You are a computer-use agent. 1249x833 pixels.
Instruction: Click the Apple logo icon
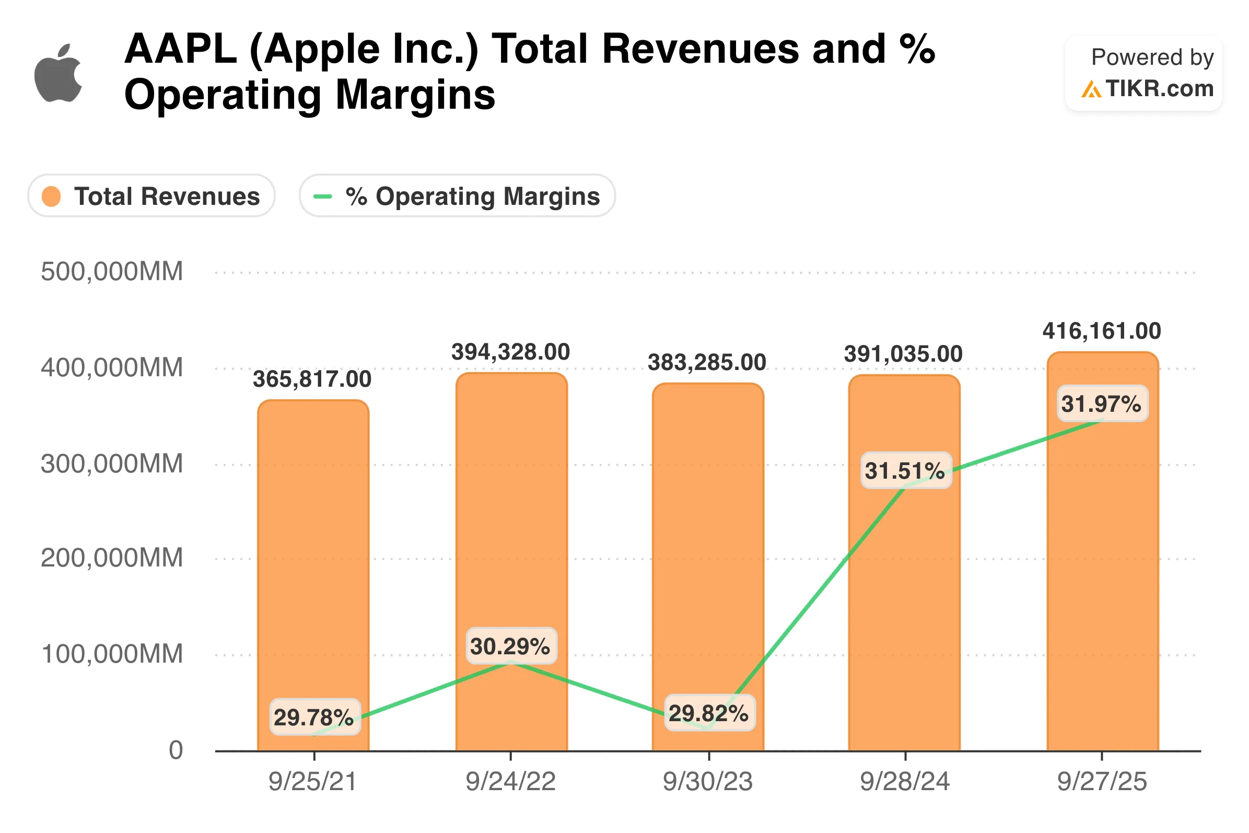pos(58,73)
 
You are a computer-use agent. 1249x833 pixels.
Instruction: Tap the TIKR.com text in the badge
pos(1159,89)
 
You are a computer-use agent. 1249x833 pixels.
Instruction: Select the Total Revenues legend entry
pos(151,196)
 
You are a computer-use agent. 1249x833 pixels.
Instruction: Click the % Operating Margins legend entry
pos(457,196)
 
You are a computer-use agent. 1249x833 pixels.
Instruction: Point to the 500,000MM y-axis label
pos(111,271)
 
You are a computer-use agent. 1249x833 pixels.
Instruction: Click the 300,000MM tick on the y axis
pos(111,464)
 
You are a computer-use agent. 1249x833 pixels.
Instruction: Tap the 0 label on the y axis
pos(176,750)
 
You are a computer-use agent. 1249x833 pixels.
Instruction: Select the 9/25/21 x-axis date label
pos(313,781)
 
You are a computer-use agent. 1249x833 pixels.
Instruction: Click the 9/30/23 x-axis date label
pos(708,781)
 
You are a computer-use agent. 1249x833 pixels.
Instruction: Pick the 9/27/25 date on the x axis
pos(1102,781)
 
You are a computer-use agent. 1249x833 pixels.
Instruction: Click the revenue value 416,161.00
pos(1102,331)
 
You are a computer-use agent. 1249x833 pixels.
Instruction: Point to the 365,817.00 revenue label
pos(312,379)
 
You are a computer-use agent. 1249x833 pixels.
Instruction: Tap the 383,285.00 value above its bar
pos(707,363)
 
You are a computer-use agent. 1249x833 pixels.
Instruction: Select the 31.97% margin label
pos(1102,404)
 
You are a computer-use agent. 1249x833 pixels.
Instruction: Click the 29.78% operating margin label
pos(314,718)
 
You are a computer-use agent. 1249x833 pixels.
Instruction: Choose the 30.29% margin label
pos(510,646)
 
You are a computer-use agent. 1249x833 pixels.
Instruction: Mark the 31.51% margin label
pos(905,471)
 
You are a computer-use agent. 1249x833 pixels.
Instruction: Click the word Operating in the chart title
pos(222,95)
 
